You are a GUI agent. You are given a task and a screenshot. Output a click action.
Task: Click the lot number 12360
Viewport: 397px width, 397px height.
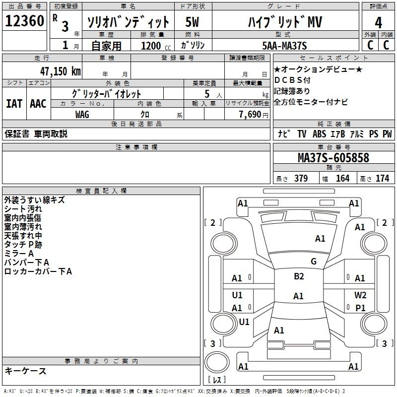click(24, 21)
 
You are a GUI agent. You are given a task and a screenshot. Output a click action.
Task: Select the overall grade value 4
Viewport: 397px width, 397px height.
click(379, 22)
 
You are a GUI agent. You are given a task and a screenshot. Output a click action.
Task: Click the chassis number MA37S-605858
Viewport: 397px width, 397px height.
click(333, 158)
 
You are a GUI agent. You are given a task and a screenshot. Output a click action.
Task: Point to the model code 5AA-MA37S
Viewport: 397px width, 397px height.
click(284, 46)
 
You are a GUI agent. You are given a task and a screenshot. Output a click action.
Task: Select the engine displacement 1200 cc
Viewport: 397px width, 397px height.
click(151, 46)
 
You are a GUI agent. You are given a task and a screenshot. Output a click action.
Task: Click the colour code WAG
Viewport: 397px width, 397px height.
click(82, 114)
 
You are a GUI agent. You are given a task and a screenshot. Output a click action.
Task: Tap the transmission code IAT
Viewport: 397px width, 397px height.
click(14, 104)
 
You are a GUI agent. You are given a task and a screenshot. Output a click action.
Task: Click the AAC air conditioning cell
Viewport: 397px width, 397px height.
click(38, 104)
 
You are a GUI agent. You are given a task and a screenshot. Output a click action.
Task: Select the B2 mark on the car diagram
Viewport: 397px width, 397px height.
click(299, 276)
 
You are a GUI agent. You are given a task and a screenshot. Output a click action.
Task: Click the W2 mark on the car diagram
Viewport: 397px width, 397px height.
click(360, 295)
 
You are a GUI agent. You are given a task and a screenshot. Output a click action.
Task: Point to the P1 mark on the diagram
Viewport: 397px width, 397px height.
click(360, 308)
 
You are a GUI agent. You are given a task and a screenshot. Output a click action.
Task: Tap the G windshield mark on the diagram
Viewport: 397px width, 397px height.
click(313, 262)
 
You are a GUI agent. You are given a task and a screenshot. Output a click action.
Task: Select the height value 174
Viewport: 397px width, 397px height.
click(382, 178)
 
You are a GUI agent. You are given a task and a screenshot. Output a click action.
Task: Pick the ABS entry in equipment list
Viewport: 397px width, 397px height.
click(319, 133)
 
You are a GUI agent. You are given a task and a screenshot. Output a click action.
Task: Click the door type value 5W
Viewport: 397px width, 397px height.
click(193, 22)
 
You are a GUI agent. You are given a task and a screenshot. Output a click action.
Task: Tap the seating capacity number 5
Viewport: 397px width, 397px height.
click(206, 94)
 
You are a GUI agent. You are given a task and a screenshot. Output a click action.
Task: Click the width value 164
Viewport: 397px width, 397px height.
click(342, 178)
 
